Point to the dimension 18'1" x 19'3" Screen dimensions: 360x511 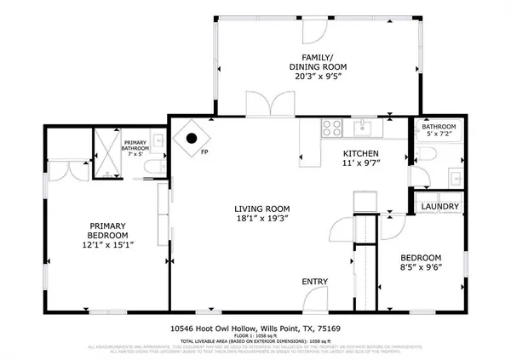point(262,219)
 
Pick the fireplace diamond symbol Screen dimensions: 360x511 point(191,137)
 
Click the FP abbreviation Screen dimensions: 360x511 point(204,154)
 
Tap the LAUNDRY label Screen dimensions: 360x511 point(439,207)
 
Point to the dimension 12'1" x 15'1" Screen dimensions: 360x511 point(108,245)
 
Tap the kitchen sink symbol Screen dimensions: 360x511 point(363,128)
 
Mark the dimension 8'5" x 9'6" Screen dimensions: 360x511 point(421,268)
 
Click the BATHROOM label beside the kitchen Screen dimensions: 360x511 point(439,127)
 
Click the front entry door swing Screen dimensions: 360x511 point(317,297)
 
